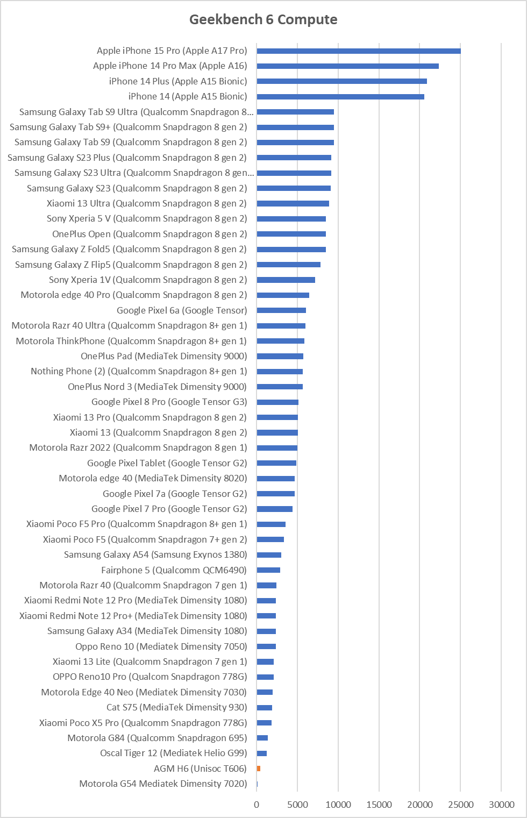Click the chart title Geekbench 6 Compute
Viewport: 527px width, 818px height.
coord(263,19)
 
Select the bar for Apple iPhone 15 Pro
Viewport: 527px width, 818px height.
coord(359,51)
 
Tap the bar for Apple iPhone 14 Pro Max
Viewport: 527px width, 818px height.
coord(348,66)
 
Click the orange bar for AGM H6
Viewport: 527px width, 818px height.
coord(259,769)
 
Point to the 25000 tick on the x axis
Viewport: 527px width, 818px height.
coord(460,805)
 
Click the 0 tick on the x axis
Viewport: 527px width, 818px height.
coord(257,805)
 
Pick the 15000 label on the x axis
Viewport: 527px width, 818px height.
coord(379,805)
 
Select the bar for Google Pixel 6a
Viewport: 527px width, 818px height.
coord(281,310)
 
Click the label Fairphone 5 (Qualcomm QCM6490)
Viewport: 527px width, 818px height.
coord(174,570)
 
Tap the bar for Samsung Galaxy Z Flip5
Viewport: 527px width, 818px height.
coord(289,265)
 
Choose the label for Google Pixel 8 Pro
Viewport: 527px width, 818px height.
coord(169,402)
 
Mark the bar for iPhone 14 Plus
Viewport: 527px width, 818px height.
coord(342,81)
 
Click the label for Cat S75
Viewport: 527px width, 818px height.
coord(177,707)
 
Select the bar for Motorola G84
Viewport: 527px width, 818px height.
coord(262,738)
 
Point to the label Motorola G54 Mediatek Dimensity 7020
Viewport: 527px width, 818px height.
coord(163,784)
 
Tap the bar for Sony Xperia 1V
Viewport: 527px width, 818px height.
coord(286,280)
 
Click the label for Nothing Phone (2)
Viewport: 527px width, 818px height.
coord(139,372)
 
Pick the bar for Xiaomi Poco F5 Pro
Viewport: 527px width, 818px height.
coord(271,524)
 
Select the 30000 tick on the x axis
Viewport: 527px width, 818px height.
coord(501,805)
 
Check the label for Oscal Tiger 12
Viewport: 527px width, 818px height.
coord(174,753)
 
